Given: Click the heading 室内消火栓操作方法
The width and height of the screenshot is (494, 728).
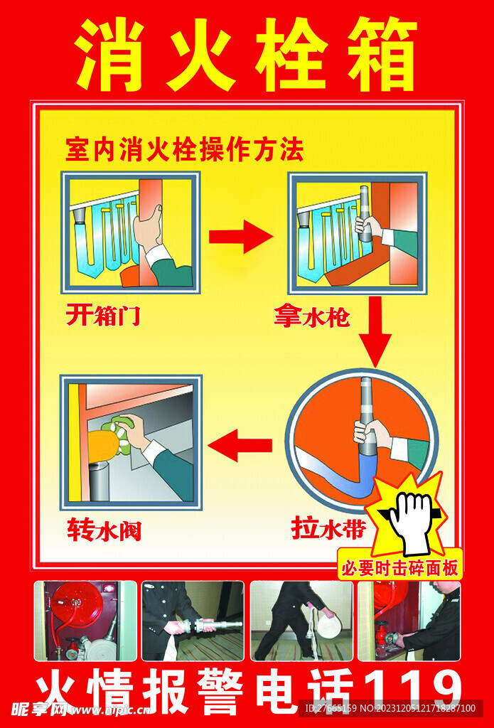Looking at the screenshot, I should click(184, 150).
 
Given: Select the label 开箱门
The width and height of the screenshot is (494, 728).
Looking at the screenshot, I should click(103, 315).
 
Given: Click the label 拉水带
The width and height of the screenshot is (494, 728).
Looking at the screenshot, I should click(328, 528).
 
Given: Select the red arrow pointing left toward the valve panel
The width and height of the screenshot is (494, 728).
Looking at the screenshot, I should click(240, 446).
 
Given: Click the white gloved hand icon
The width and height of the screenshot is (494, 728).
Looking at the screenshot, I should click(410, 522).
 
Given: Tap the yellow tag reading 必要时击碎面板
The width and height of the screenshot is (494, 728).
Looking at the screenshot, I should click(401, 567).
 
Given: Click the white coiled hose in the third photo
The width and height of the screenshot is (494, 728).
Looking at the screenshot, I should click(328, 626).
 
